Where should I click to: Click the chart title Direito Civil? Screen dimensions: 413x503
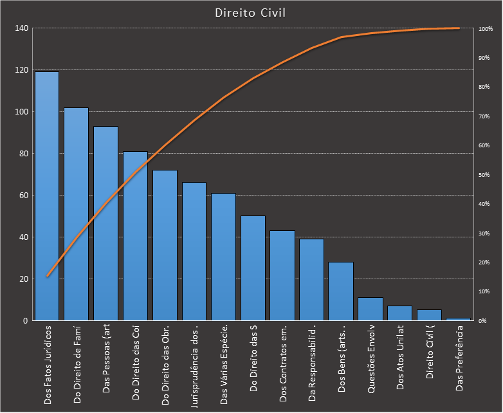click(x=251, y=12)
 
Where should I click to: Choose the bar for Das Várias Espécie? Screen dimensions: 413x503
click(x=224, y=257)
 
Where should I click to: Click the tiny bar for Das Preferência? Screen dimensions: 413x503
click(x=459, y=319)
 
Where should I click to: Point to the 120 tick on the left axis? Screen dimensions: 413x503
click(x=21, y=70)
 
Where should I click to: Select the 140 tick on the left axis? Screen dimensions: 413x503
click(x=21, y=28)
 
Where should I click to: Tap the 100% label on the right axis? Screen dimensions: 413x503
click(x=485, y=29)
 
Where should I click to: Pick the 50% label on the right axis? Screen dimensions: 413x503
click(x=484, y=175)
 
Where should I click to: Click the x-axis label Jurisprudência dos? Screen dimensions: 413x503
click(x=195, y=363)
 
